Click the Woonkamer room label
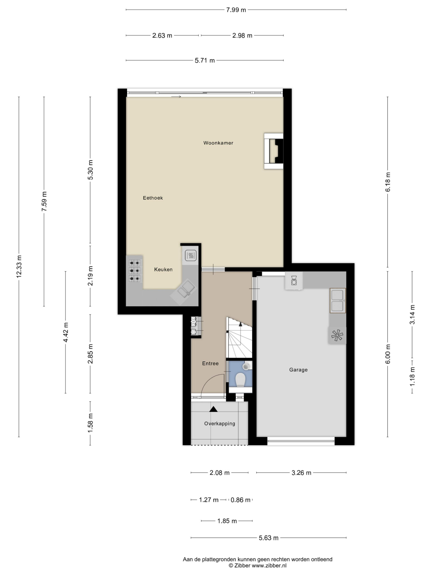(x=218, y=143)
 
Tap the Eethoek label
(x=153, y=198)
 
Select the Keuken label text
(x=163, y=269)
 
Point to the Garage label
(x=298, y=370)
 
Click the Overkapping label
(x=220, y=423)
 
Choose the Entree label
(x=210, y=363)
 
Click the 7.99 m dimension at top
(x=236, y=10)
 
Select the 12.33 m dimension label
(x=19, y=267)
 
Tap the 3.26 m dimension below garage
(x=301, y=473)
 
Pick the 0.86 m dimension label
(x=240, y=500)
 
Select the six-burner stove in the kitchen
(x=134, y=271)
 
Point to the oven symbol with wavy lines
(x=191, y=256)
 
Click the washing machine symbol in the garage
(x=294, y=280)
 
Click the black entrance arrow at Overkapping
(x=213, y=409)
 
